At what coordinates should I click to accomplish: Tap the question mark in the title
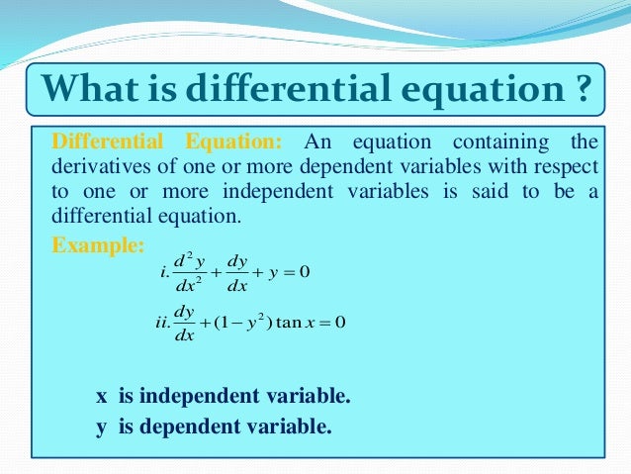pos(583,91)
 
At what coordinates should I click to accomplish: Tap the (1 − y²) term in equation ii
pos(235,324)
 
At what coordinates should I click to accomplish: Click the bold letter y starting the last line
pos(101,427)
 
